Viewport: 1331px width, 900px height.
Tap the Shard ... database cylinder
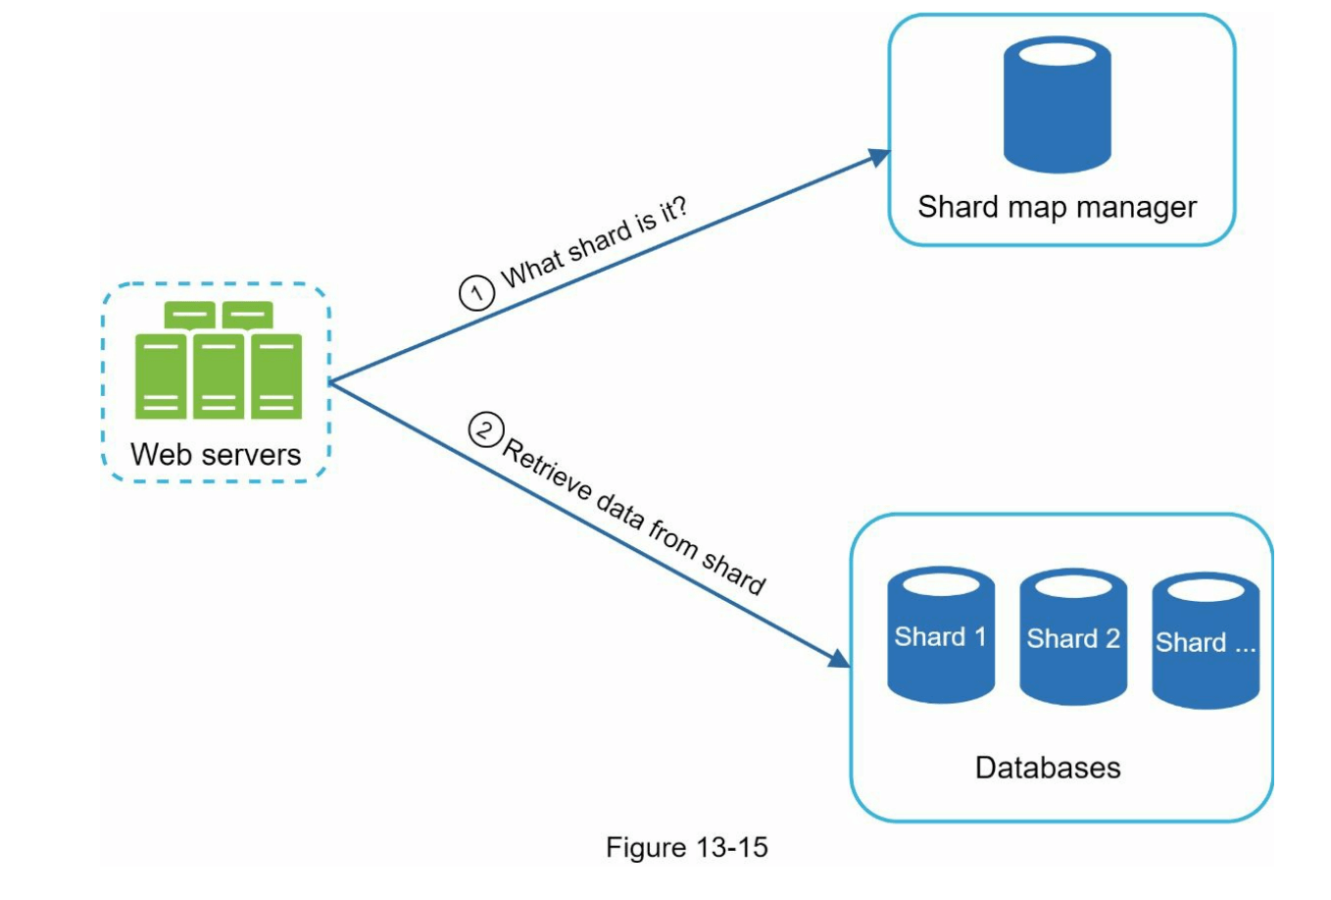(1206, 641)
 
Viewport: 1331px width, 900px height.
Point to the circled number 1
(476, 293)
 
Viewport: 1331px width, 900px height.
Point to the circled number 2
(485, 429)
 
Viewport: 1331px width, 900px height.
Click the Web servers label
(216, 455)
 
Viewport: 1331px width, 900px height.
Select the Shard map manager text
(1057, 207)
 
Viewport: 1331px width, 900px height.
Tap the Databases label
(1048, 767)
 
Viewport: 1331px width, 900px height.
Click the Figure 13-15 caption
(686, 847)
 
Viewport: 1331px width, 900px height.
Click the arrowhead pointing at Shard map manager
(878, 157)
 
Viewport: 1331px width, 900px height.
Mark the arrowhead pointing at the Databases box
(839, 658)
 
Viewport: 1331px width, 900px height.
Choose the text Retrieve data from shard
(633, 517)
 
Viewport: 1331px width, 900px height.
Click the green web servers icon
(218, 361)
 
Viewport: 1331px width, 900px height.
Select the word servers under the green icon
(252, 455)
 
